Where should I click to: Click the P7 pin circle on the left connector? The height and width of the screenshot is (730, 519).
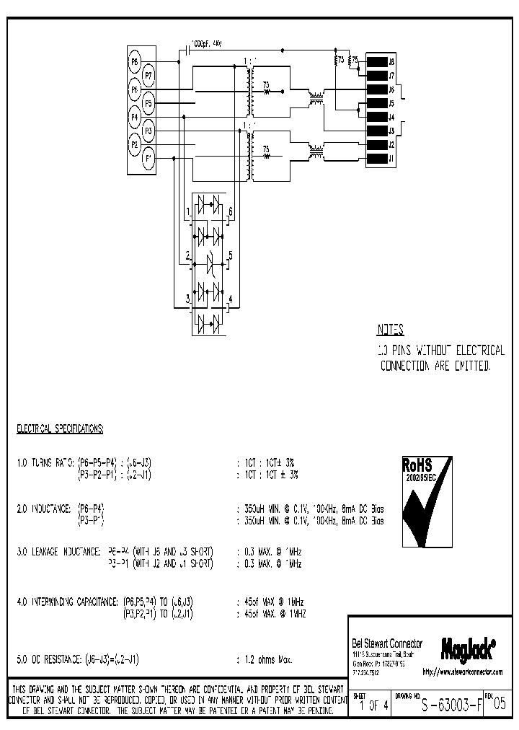[x=148, y=75]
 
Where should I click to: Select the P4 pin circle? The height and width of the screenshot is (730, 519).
[x=134, y=116]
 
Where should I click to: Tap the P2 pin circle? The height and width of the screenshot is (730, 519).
[x=134, y=144]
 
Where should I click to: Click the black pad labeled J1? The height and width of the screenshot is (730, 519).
[x=377, y=159]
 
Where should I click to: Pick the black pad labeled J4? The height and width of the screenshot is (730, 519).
[x=377, y=118]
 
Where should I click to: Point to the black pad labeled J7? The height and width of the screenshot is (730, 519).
[x=377, y=76]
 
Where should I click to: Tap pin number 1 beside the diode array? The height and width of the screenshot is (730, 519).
[x=187, y=211]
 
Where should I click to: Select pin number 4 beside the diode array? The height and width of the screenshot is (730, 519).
[x=230, y=299]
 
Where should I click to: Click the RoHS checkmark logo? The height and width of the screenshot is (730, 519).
[x=425, y=498]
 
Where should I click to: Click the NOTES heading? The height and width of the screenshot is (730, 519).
[x=391, y=331]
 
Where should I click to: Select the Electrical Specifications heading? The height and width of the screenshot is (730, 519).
[x=60, y=428]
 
